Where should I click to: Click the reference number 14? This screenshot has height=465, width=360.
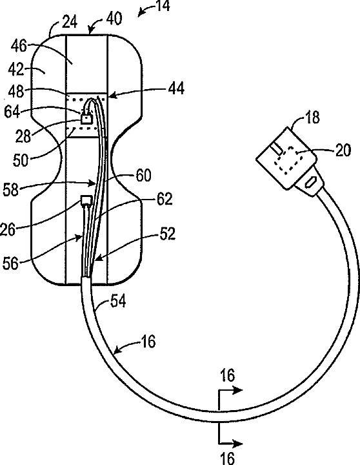coord(163,6)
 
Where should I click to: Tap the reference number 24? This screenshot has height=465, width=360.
coord(70,22)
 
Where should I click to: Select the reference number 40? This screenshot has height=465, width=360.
coord(114,18)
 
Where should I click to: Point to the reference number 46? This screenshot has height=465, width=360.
coord(19,46)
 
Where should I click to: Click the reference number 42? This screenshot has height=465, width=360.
coord(16,69)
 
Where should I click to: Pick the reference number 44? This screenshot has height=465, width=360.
coord(176,88)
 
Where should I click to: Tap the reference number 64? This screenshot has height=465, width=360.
coord(12,112)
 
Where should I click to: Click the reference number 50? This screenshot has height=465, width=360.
coord(21,160)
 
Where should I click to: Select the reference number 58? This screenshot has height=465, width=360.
coord(11,190)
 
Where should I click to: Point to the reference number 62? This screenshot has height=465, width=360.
coord(165,200)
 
